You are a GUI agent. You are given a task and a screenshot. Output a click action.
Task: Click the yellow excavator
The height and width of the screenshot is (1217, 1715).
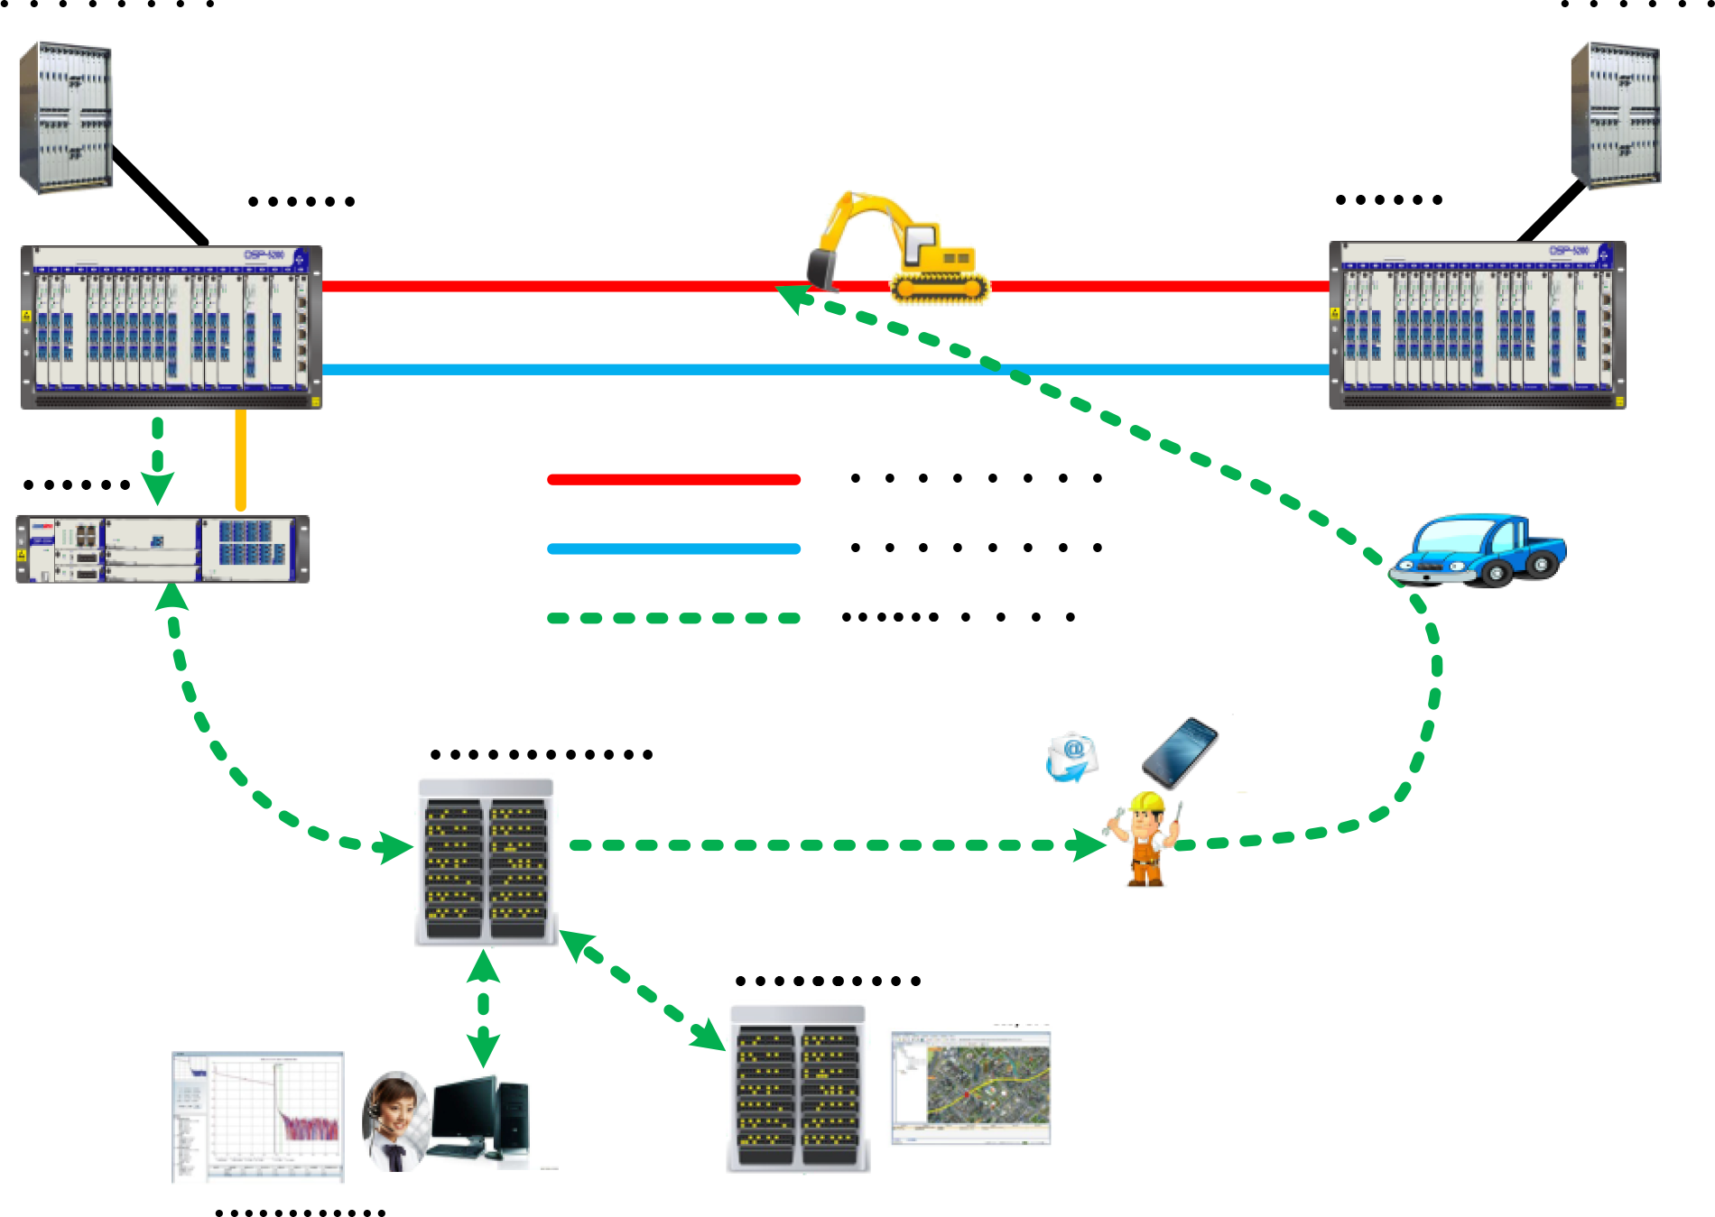[x=903, y=248]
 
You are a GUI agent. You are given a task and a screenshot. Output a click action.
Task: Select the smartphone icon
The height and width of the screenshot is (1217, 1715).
[x=1180, y=751]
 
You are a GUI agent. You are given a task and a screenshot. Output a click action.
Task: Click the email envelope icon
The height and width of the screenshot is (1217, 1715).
[x=1071, y=757]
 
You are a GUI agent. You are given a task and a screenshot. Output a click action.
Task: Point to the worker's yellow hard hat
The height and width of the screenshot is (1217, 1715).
[x=1147, y=802]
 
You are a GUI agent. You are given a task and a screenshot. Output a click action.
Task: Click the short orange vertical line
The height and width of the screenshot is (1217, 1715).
[x=240, y=461]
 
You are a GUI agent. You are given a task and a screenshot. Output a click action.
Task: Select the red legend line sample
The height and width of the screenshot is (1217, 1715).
[x=673, y=480]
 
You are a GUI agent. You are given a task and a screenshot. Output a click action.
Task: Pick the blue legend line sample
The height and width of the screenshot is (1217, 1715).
[x=673, y=549]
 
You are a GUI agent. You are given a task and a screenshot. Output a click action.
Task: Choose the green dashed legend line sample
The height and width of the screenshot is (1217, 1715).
[x=673, y=618]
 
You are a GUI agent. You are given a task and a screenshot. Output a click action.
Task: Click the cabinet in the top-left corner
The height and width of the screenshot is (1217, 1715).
[x=66, y=116]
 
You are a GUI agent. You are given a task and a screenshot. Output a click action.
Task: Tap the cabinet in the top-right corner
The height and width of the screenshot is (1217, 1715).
[x=1616, y=115]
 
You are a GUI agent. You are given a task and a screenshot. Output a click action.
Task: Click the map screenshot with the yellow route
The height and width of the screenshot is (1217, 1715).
[x=969, y=1086]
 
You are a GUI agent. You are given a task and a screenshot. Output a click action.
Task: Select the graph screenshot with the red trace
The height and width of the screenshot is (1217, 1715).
[x=257, y=1117]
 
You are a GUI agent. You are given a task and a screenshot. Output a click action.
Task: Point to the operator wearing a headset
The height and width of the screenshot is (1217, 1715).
[x=394, y=1121]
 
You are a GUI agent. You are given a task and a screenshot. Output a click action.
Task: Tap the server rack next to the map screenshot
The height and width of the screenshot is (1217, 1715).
[x=798, y=1086]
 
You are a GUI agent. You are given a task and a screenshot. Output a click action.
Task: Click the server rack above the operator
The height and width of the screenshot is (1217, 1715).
[x=487, y=860]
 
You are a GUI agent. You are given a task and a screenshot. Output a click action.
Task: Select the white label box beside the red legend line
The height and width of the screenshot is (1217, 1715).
[x=916, y=479]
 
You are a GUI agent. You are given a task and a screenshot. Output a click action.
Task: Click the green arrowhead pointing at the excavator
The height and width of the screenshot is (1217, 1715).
[x=792, y=296]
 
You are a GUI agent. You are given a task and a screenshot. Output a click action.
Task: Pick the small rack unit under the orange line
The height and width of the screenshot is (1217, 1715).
[x=162, y=549]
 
